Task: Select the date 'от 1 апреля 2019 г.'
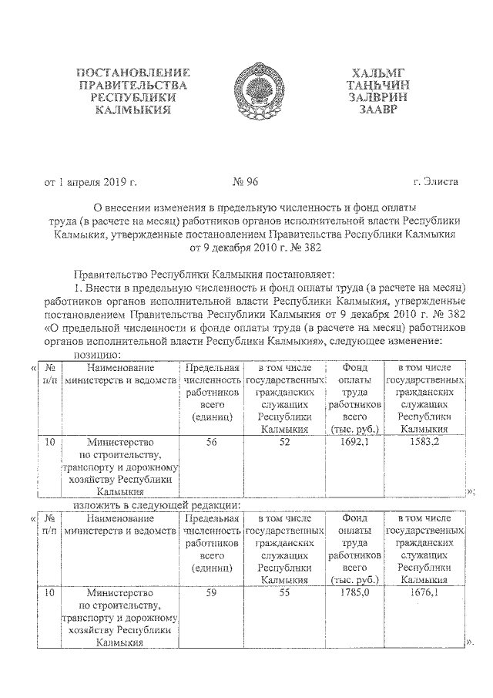[x=90, y=182]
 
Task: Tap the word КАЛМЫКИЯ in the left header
[x=132, y=110]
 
